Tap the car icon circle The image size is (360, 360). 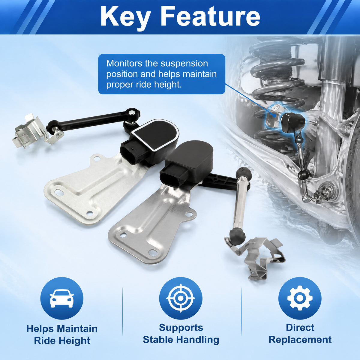62,298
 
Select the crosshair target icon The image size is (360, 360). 181,298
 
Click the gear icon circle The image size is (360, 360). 300,298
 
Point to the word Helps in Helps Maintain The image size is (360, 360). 40,328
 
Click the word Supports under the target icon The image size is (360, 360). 181,328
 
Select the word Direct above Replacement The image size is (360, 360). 300,328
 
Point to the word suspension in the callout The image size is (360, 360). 184,64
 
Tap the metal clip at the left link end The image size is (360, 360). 30,131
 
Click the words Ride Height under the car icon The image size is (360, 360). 62,340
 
